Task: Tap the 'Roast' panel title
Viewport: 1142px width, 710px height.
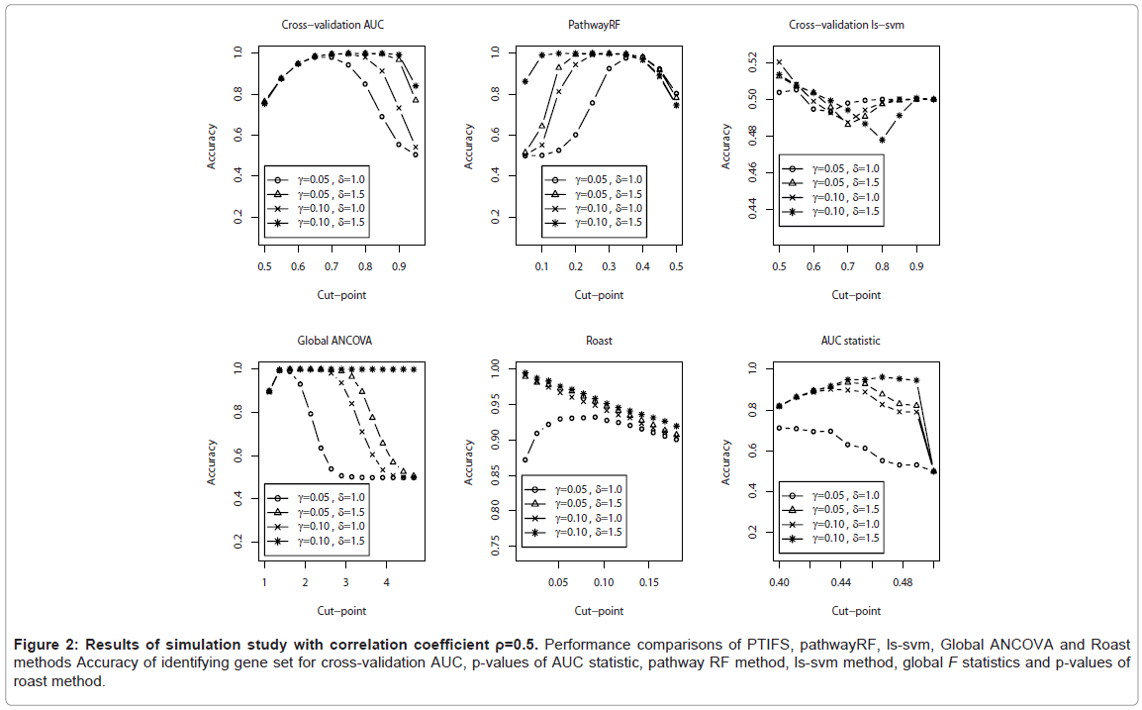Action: (x=598, y=341)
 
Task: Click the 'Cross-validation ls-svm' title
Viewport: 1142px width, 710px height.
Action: (x=855, y=25)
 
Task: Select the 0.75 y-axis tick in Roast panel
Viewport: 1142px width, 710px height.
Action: (x=497, y=550)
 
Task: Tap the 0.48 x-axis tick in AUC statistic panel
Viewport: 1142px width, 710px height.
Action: (x=903, y=581)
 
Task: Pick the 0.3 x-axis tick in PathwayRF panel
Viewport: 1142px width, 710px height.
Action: (x=609, y=266)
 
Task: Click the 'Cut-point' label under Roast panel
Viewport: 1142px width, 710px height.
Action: (x=598, y=610)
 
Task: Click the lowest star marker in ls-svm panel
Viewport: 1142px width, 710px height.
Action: (x=883, y=140)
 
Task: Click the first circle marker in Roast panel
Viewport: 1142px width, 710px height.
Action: (x=524, y=459)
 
